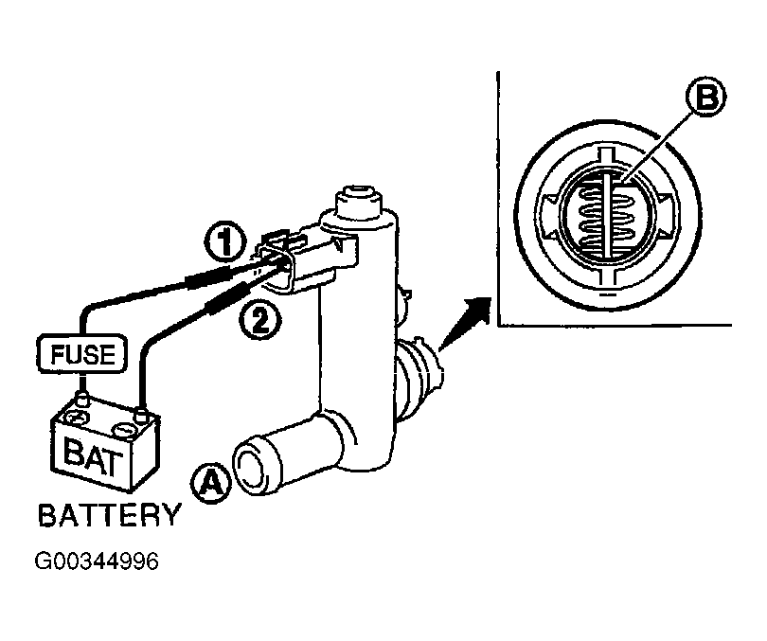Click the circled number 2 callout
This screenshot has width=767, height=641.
tap(259, 321)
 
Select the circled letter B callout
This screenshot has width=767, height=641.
tap(705, 98)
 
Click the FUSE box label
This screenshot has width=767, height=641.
tap(82, 354)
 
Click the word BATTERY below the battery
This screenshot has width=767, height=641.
tap(110, 515)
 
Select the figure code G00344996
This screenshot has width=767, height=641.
tap(97, 561)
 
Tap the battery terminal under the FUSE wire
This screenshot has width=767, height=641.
tap(82, 399)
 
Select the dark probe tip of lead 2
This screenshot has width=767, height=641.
tap(228, 299)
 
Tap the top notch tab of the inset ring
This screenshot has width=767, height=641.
tap(606, 153)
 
